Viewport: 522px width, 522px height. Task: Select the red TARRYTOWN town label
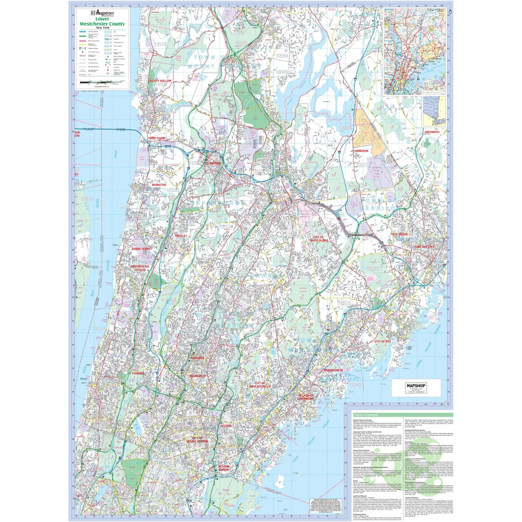[157, 138]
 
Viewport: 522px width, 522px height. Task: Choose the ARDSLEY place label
[181, 236]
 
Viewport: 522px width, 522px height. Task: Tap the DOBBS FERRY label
[141, 249]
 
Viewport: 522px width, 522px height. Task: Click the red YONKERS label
[138, 373]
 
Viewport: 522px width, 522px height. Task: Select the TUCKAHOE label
[197, 358]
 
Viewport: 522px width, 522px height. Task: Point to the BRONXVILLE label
[198, 375]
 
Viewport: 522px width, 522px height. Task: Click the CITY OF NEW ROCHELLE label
[260, 384]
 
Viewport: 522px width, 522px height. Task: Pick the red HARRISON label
[361, 151]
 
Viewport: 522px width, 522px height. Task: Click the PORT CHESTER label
[424, 247]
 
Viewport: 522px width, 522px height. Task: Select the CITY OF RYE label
[383, 341]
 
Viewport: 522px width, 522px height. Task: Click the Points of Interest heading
[369, 416]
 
